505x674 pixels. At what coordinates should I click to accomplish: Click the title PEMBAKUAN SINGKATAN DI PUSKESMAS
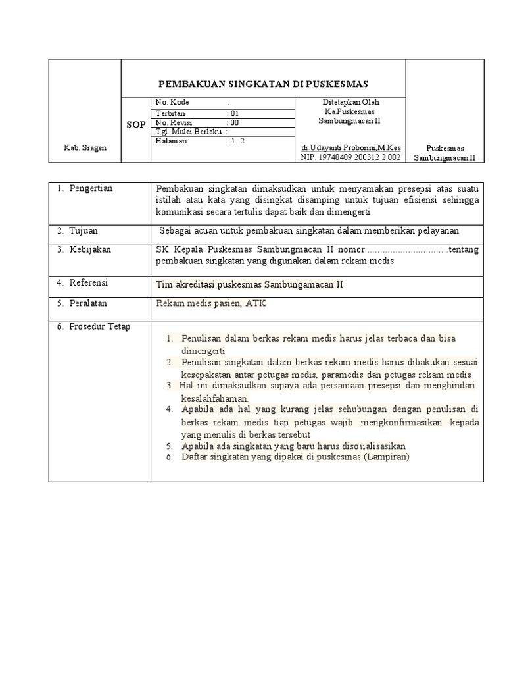click(x=264, y=84)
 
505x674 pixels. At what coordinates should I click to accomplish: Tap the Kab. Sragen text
click(x=84, y=148)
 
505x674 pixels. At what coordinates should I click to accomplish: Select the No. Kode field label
click(x=171, y=103)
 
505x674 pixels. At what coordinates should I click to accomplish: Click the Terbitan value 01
click(x=233, y=113)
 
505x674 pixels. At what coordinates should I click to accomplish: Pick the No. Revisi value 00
click(x=233, y=122)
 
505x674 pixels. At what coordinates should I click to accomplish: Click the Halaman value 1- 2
click(x=235, y=141)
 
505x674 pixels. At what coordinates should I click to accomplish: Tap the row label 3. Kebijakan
click(x=84, y=249)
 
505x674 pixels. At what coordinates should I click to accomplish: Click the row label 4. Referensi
click(x=82, y=282)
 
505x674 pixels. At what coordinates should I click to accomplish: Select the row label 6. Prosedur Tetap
click(x=93, y=327)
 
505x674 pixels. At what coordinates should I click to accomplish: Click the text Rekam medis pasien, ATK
click(x=210, y=303)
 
